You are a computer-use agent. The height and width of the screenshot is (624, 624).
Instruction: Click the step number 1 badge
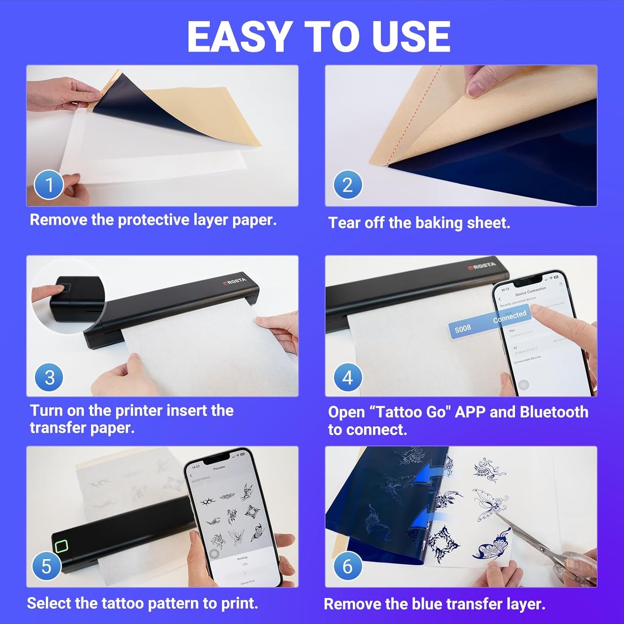click(49, 185)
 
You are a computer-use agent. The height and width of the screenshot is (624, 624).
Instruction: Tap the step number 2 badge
click(348, 185)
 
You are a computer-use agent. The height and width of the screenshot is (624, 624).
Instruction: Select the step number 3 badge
click(49, 377)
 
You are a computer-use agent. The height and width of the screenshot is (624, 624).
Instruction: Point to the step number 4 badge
click(348, 377)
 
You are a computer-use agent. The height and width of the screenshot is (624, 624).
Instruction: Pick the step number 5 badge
click(46, 566)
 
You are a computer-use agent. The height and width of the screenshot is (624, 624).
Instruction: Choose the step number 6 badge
click(348, 566)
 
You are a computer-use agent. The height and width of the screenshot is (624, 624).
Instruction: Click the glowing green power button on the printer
click(61, 546)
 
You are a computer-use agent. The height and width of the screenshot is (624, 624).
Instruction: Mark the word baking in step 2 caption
click(439, 223)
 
